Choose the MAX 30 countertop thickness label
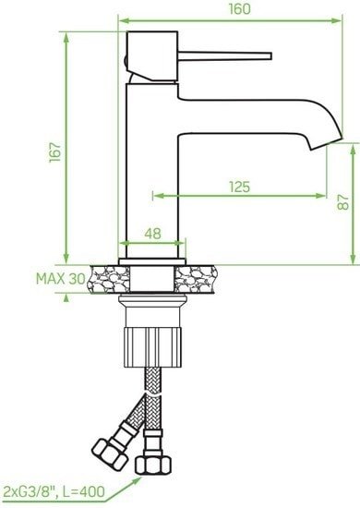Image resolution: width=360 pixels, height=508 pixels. pyautogui.click(x=60, y=278)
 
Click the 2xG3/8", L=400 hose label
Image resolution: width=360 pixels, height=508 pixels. pyautogui.click(x=54, y=490)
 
